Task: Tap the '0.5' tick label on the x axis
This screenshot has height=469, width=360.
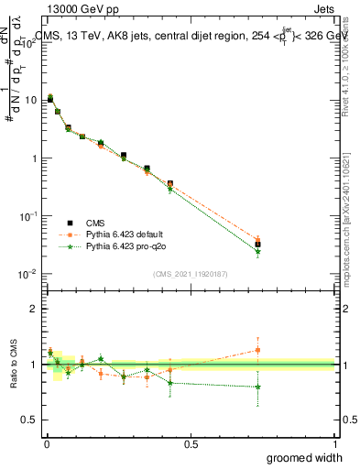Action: tap(191, 442)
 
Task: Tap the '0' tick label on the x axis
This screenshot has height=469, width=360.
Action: tap(46, 442)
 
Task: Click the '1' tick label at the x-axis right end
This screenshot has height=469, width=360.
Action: tap(333, 442)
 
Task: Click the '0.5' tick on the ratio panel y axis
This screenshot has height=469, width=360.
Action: tap(29, 420)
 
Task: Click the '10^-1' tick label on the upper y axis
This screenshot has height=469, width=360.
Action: tap(27, 216)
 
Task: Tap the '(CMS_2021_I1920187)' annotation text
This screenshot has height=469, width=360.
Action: tap(190, 274)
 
